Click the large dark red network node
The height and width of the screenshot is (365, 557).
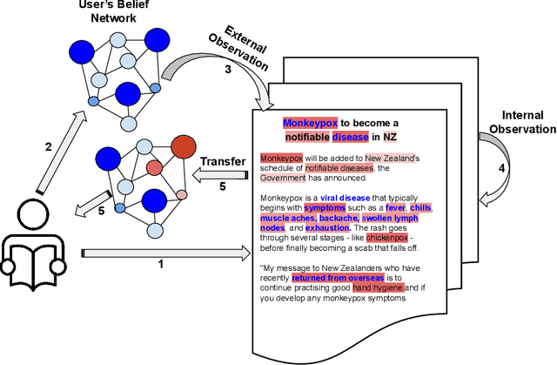(185, 147)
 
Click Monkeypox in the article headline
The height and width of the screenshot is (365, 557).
(309, 124)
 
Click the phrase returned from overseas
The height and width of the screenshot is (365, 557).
(325, 276)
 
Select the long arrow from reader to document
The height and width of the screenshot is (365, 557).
(164, 253)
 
